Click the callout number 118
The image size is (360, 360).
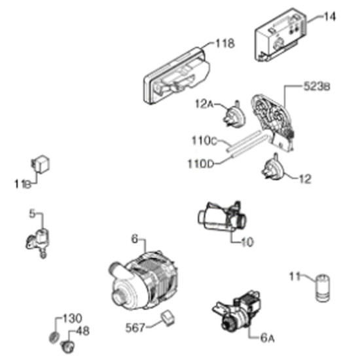[x=225, y=43]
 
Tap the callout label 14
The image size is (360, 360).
[x=329, y=17]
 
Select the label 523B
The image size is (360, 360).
[x=317, y=86]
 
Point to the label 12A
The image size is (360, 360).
[x=204, y=104]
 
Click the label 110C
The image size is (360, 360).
[x=204, y=141]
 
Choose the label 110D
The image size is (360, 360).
[x=201, y=164]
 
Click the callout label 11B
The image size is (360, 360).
[x=23, y=184]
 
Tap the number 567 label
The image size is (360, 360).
[x=135, y=327]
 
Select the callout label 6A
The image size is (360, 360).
[x=268, y=338]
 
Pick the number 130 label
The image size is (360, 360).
[x=72, y=319]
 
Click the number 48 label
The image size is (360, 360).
[x=82, y=331]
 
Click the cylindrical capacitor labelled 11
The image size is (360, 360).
[x=323, y=288]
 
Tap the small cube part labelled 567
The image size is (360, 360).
[x=168, y=317]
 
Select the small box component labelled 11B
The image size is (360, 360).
[x=41, y=164]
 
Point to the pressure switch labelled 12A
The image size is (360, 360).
[x=234, y=114]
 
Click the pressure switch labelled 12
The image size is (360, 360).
[x=273, y=168]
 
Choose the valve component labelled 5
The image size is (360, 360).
[x=38, y=242]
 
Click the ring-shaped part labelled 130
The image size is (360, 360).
[x=54, y=338]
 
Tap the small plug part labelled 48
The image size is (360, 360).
[x=68, y=346]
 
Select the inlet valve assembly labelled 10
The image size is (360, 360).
[x=222, y=217]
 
